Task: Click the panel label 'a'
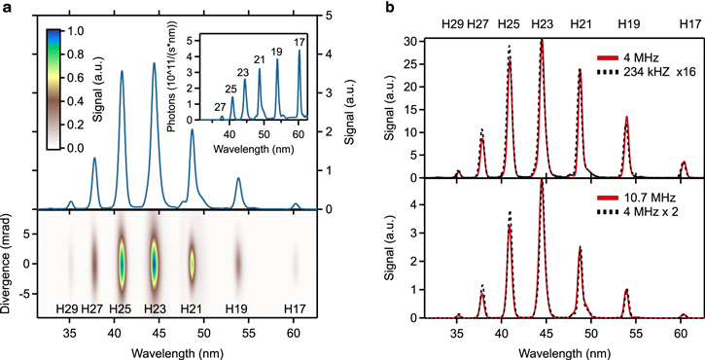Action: pyautogui.click(x=6, y=7)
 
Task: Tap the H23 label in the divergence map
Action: pyautogui.click(x=154, y=308)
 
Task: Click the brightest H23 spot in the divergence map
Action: pyautogui.click(x=154, y=265)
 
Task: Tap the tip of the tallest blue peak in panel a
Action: pyautogui.click(x=154, y=64)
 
